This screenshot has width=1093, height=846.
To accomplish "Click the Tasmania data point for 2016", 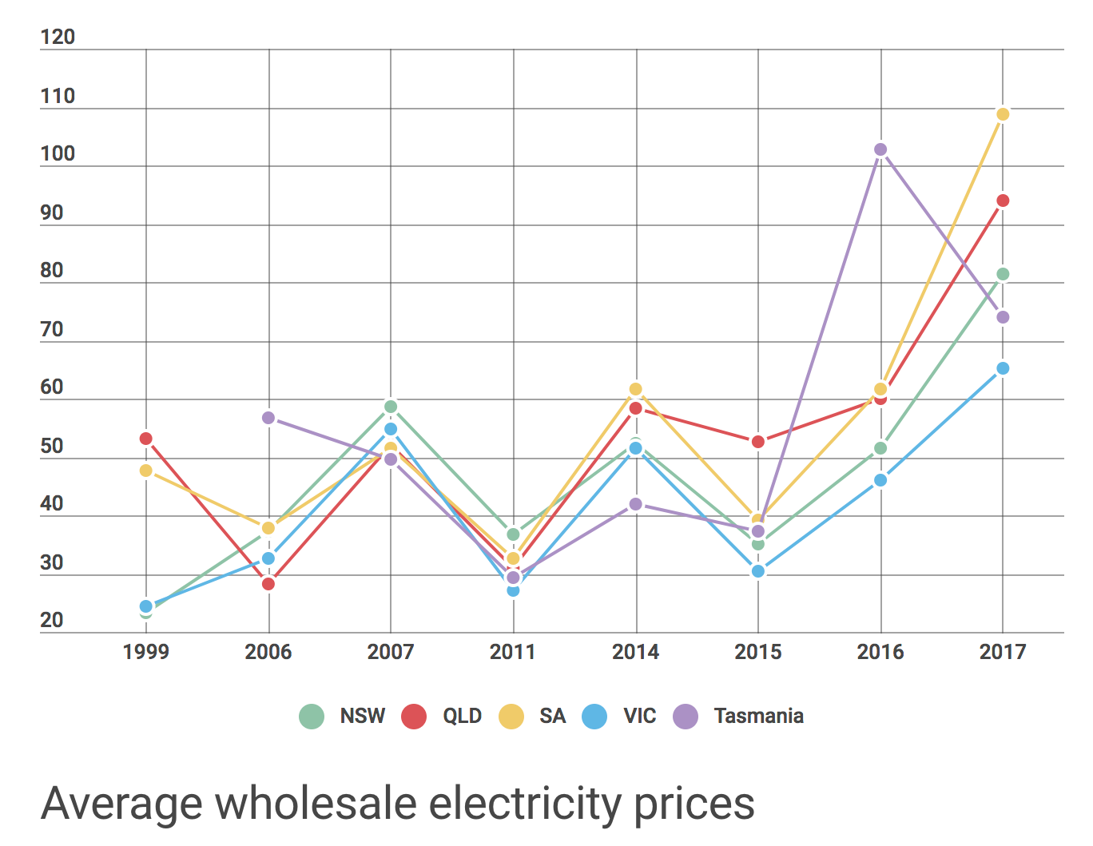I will click(880, 149).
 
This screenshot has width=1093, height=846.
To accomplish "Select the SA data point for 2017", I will click(1003, 114).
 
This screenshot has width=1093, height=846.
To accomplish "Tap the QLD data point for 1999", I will click(146, 439).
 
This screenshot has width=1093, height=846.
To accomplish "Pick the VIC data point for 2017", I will click(1003, 368).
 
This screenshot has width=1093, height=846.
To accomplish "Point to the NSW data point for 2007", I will click(391, 407).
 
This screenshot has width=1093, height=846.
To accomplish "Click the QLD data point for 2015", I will click(758, 442).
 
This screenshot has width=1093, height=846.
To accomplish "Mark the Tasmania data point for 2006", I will click(268, 418).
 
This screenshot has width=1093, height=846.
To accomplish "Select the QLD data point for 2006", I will click(268, 584).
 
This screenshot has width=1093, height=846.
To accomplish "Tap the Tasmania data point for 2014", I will click(636, 504).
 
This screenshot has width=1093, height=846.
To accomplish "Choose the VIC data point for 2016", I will click(880, 480).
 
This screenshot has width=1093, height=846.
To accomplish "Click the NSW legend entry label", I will click(363, 716).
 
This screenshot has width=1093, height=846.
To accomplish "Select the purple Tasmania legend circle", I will click(686, 717).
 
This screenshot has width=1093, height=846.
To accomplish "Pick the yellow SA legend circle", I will click(511, 717).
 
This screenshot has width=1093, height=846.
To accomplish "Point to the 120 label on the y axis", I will click(58, 37).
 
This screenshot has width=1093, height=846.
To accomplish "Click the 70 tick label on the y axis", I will click(52, 329).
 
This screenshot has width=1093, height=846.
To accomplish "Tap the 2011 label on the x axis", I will click(512, 652).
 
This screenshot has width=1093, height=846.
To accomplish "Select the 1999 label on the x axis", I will click(146, 652).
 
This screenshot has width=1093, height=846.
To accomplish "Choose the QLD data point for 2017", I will click(1003, 201).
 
